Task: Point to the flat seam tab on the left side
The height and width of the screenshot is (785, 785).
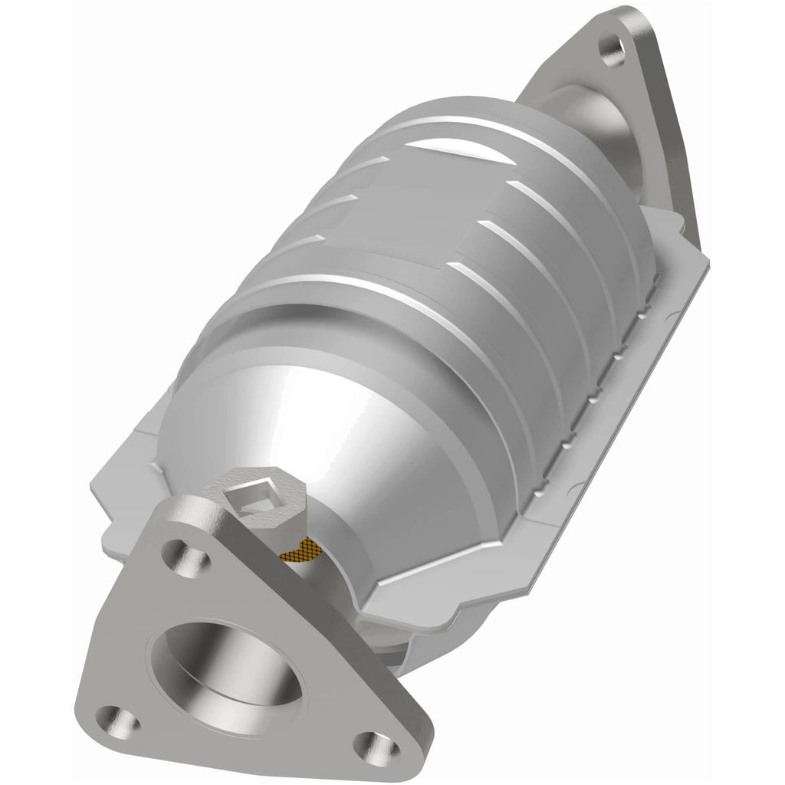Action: [123, 491]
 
